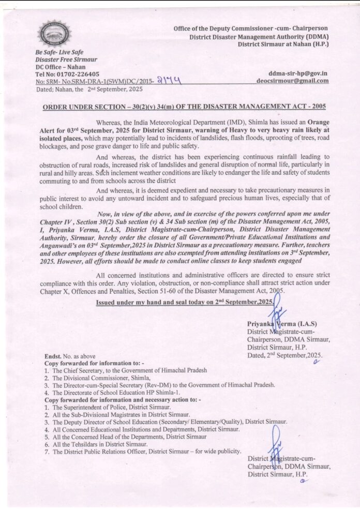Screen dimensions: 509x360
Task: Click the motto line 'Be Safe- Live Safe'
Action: tap(59, 53)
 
